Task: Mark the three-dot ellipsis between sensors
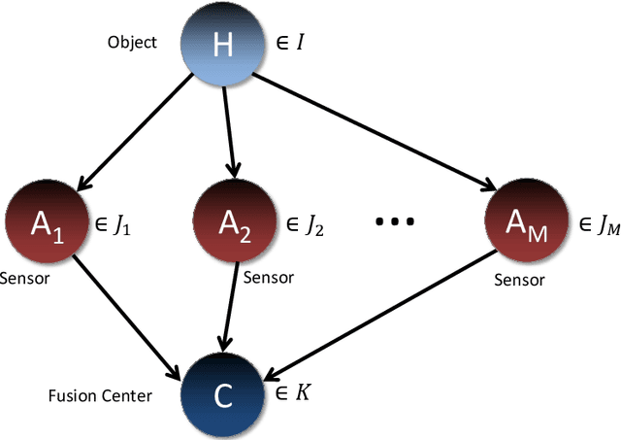click(395, 222)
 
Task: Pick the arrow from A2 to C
click(227, 306)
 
